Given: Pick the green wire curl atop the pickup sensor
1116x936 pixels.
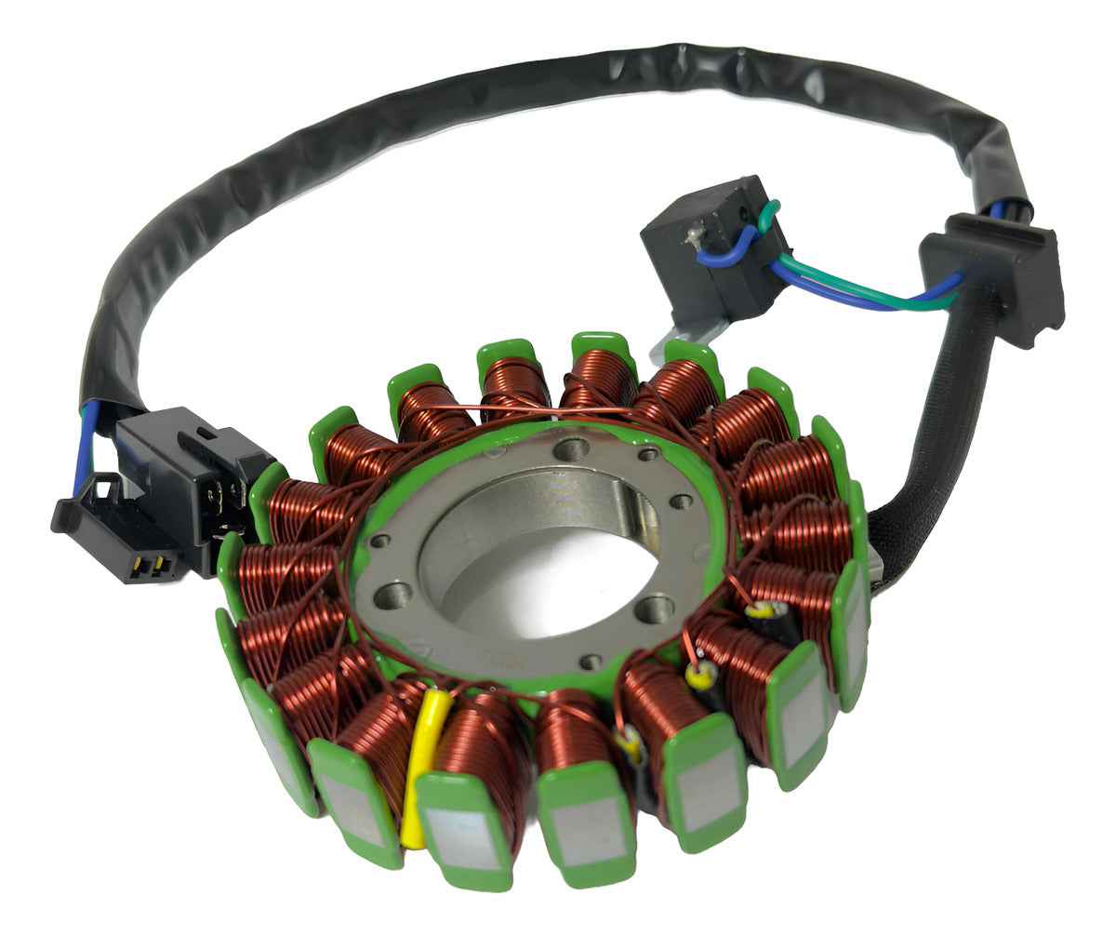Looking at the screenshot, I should point(767,216).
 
